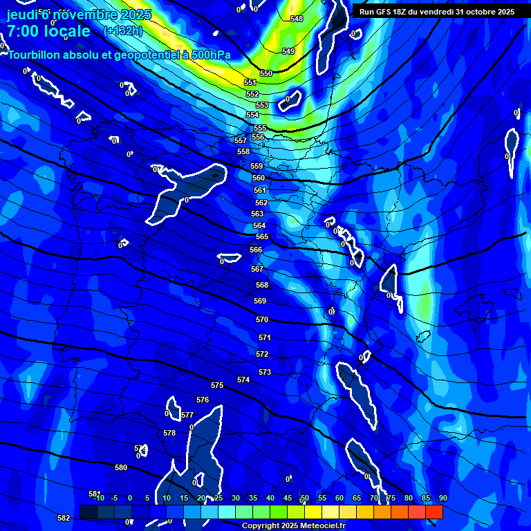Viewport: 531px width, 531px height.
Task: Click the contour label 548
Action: pyautogui.click(x=297, y=19)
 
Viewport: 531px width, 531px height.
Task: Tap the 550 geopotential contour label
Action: pyautogui.click(x=266, y=73)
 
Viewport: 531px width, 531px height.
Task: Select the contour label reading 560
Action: pyautogui.click(x=259, y=178)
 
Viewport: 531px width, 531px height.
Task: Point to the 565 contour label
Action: pyautogui.click(x=262, y=236)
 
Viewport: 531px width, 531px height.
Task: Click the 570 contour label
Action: pyautogui.click(x=262, y=319)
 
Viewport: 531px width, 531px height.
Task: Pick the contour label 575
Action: pyautogui.click(x=217, y=385)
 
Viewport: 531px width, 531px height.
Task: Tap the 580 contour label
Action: pyautogui.click(x=121, y=467)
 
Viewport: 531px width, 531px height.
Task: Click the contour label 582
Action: pyautogui.click(x=64, y=518)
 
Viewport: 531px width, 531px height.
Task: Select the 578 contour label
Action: pyautogui.click(x=169, y=433)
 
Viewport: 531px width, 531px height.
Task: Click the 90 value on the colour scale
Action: pyautogui.click(x=442, y=498)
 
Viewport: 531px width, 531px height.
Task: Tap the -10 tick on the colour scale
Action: pyautogui.click(x=98, y=498)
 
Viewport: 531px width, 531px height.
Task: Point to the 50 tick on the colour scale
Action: pyautogui.click(x=304, y=498)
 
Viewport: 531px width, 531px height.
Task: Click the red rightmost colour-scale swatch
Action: pyautogui.click(x=434, y=512)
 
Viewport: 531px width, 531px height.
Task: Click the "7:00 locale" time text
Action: pyautogui.click(x=48, y=31)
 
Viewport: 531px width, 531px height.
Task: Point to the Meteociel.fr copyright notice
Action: pyautogui.click(x=293, y=525)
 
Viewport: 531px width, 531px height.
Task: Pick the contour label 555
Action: pyautogui.click(x=260, y=129)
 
